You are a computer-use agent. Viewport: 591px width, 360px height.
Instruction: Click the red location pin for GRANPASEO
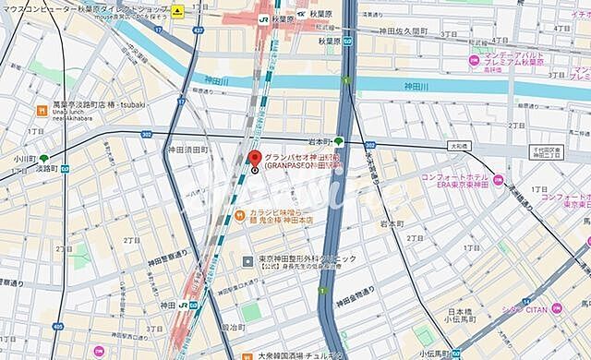(x=256, y=158)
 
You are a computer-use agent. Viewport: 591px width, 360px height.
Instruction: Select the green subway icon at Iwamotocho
(x=338, y=141)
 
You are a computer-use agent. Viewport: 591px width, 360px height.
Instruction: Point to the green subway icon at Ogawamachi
(x=43, y=158)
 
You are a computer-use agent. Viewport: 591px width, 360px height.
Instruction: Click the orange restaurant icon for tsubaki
(x=42, y=111)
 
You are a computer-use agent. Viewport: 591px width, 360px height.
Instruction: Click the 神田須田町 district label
(x=188, y=149)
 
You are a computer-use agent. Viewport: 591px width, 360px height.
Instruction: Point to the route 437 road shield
(x=198, y=31)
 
